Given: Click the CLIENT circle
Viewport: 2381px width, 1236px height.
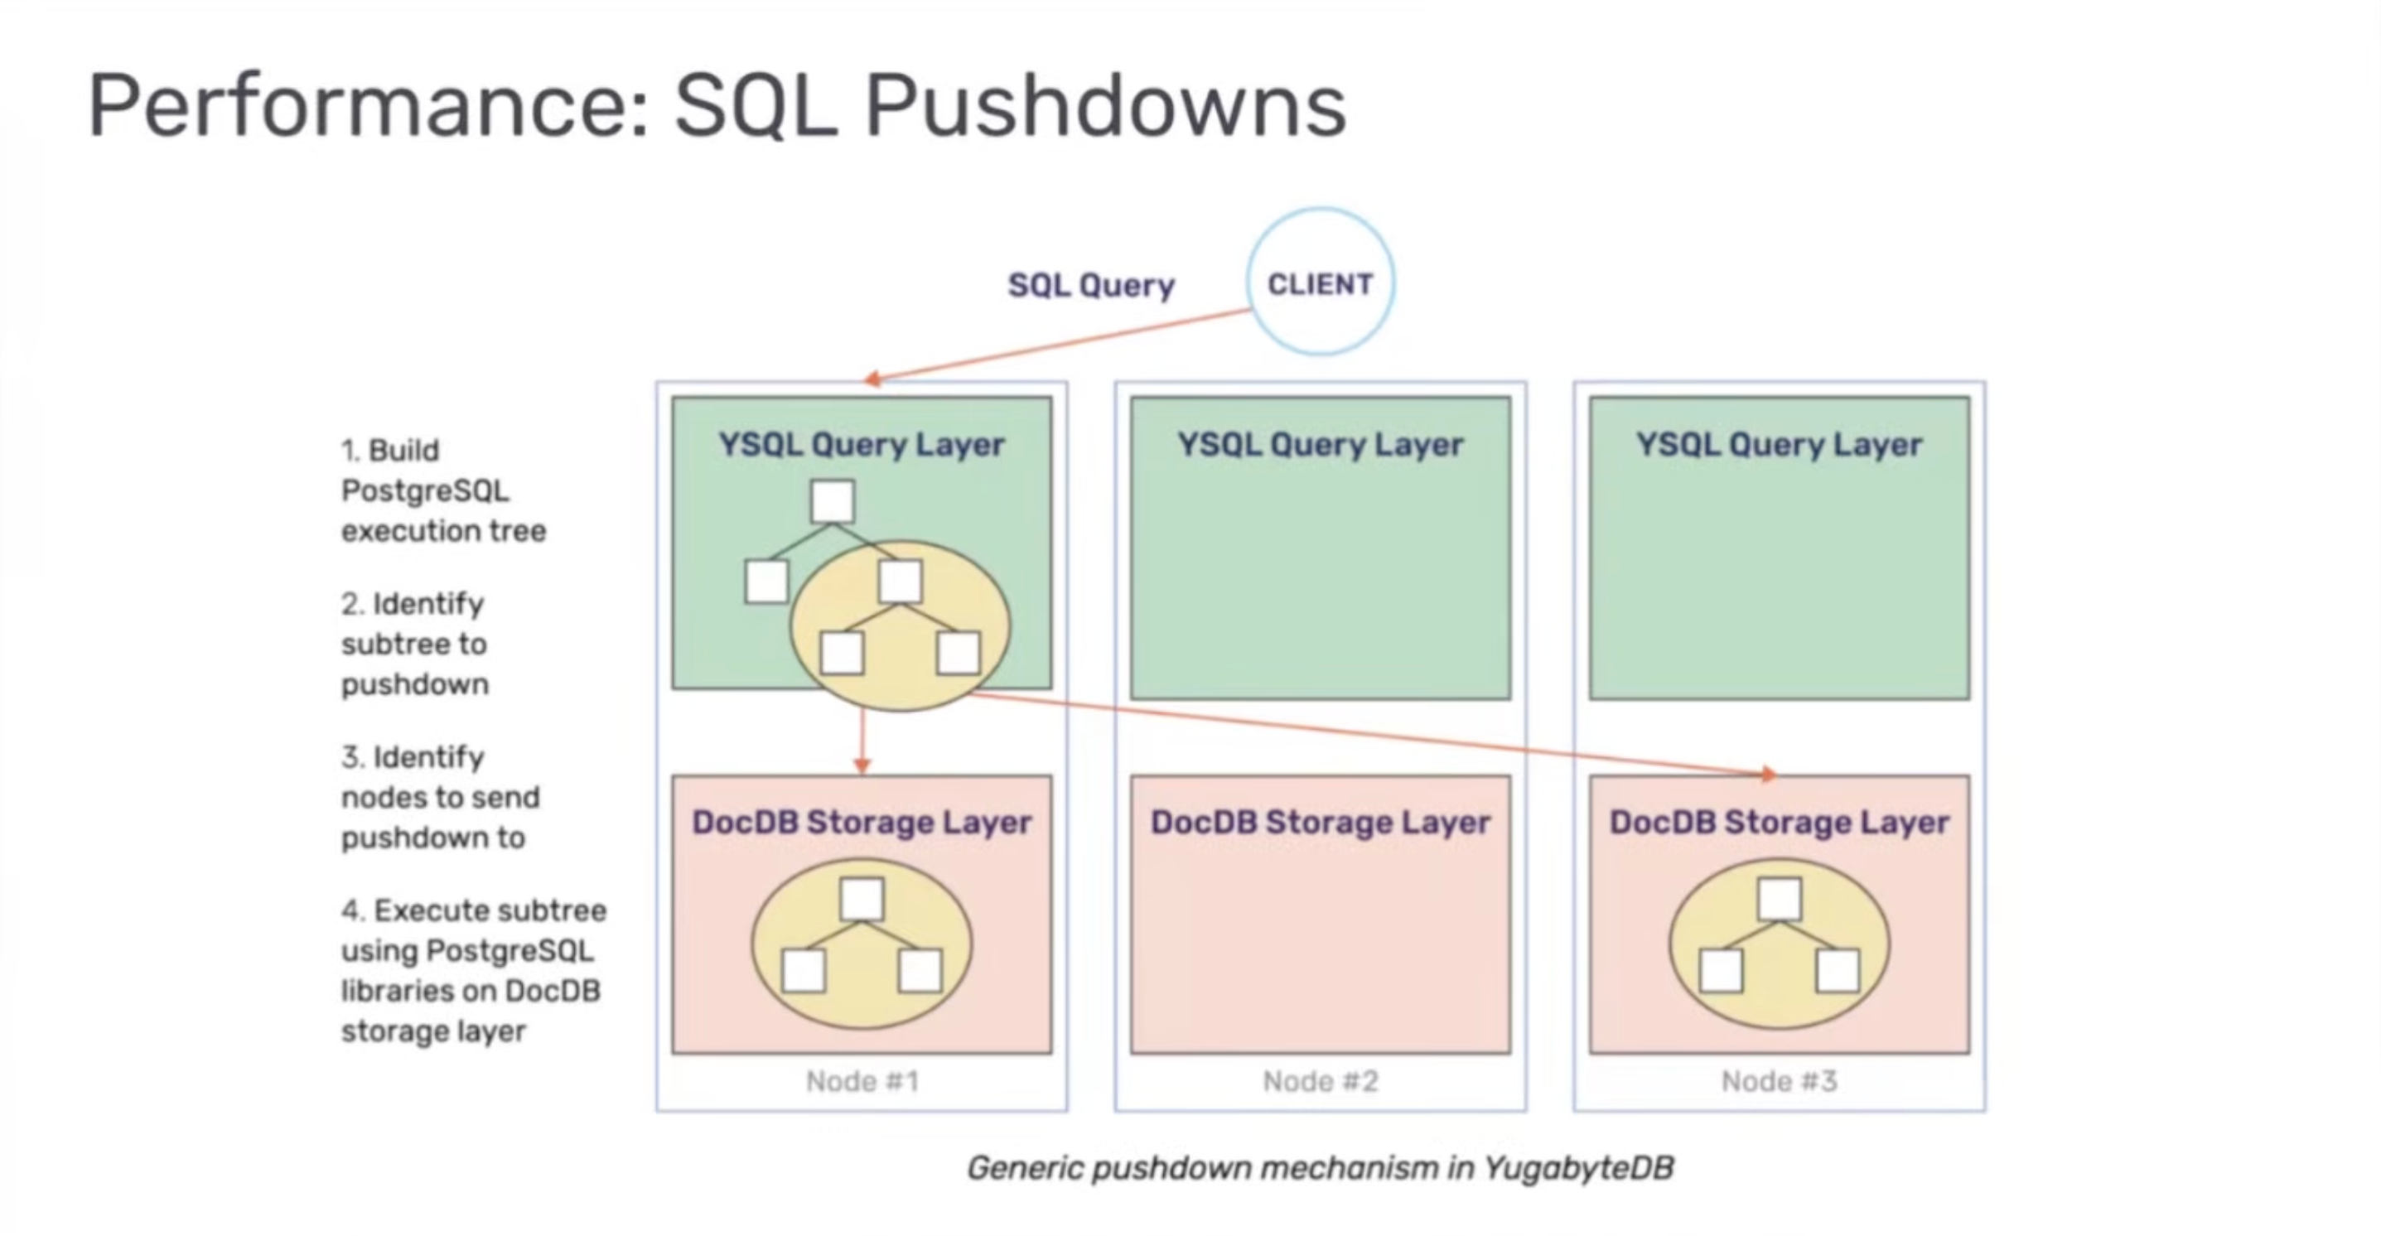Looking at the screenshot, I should (1319, 282).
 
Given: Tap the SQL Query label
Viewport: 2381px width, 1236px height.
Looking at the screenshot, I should (1091, 285).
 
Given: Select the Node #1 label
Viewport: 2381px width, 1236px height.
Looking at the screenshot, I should (862, 1081).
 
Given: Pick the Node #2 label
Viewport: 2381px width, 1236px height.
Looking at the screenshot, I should (1320, 1081).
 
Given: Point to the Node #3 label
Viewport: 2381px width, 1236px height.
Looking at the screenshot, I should (1779, 1081).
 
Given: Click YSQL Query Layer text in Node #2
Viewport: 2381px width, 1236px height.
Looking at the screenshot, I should (1320, 445).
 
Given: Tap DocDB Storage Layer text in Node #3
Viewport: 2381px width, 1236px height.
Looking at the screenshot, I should (1779, 822).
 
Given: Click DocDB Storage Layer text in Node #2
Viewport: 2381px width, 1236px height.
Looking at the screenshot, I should (1320, 822).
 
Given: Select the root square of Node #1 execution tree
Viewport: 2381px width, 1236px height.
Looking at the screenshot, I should (832, 501).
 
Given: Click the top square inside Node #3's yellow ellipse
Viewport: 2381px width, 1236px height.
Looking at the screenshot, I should (1780, 899).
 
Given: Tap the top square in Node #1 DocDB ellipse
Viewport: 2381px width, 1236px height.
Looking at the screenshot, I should (862, 899).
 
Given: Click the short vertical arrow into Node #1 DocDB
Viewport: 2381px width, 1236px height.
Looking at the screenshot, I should (862, 740).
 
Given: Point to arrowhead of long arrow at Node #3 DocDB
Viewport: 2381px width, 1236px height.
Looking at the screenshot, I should (1766, 774).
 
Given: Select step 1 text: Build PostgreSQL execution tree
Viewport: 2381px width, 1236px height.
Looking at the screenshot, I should (442, 490).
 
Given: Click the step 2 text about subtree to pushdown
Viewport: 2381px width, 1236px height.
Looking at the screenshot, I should (414, 644).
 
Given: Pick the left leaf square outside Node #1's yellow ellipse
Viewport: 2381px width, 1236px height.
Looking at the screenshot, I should (766, 582).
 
